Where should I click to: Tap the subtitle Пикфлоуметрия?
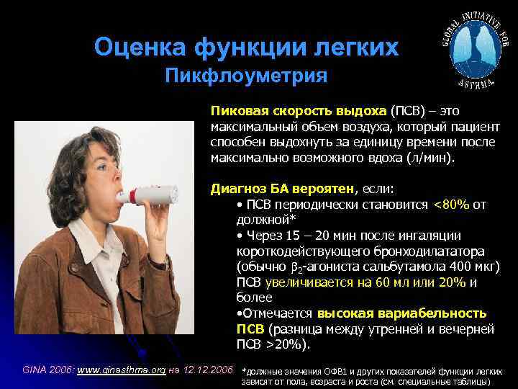point(246,76)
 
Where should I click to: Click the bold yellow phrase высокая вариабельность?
point(401,313)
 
